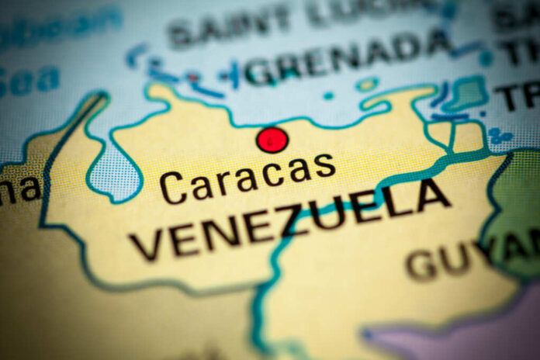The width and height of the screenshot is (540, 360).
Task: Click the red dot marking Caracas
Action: [x=272, y=140]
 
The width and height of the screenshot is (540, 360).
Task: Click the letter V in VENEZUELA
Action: [x=147, y=247]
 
